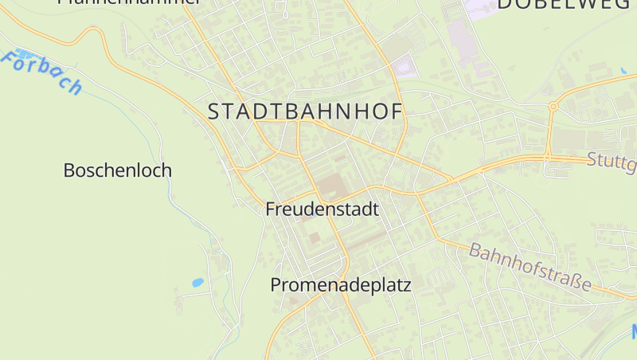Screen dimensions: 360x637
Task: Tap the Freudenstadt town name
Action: pos(322,209)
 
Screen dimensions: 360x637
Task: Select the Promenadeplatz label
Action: pos(341,284)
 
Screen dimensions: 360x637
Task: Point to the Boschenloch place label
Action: pos(117,170)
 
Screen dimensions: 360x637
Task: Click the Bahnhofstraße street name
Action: pos(530,267)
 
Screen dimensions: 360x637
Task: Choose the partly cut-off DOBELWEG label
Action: pos(566,5)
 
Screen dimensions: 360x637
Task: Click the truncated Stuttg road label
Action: pos(612,162)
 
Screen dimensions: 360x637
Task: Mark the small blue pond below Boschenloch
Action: pos(197,282)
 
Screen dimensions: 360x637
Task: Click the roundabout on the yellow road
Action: pos(552,106)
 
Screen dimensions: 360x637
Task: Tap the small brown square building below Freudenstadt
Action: pos(315,237)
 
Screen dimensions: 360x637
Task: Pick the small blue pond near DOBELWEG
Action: pos(623,71)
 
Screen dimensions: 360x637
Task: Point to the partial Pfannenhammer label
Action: pos(127,2)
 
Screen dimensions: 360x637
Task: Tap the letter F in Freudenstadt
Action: pos(270,209)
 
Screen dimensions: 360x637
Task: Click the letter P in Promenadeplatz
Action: pos(276,284)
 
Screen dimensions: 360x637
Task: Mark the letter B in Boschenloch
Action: pos(68,170)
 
